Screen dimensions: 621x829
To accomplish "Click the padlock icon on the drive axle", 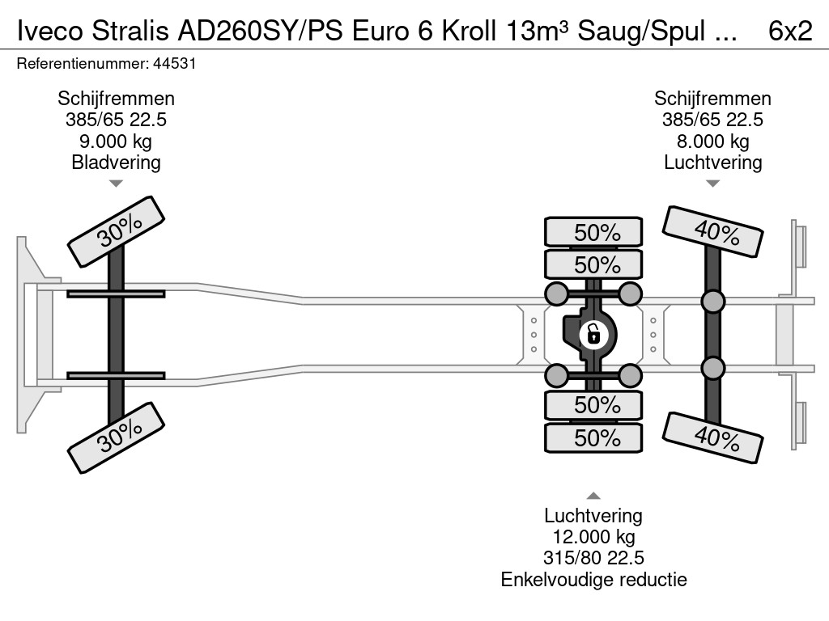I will [593, 332].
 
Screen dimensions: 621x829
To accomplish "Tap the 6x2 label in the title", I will [789, 31].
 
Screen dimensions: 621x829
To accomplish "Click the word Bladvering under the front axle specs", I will [116, 162].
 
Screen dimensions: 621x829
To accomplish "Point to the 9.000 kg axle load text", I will [116, 141].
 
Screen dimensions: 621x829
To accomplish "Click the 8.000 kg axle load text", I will [712, 141].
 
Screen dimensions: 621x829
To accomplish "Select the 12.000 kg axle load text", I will [593, 537].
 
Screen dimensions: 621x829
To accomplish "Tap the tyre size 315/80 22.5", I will [593, 558].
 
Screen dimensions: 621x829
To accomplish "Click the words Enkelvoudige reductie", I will [593, 579].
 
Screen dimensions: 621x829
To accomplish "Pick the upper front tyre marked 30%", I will [116, 231].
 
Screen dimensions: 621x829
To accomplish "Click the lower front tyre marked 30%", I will [116, 439].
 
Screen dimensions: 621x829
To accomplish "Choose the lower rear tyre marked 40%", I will [712, 437].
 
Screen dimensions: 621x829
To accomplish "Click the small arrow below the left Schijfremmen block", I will [116, 184].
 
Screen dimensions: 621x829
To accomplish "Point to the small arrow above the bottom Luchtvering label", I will [593, 496].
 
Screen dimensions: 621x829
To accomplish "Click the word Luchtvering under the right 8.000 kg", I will [712, 162].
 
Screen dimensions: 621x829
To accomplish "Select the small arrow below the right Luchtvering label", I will [712, 184].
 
